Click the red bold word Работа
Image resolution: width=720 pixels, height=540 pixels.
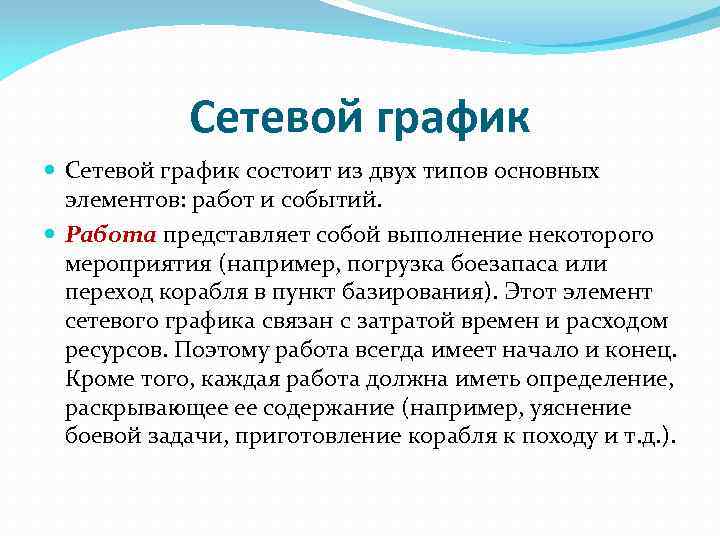[x=111, y=236]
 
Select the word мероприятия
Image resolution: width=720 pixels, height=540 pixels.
[x=130, y=265]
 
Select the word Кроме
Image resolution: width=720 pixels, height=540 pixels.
[x=97, y=381]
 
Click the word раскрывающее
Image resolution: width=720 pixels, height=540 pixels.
[x=139, y=410]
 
